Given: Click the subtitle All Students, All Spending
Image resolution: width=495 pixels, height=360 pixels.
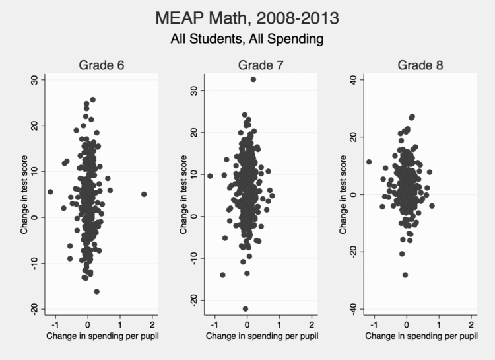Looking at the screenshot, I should (247, 40).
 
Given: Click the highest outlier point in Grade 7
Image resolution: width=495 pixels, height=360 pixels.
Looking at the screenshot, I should (253, 79).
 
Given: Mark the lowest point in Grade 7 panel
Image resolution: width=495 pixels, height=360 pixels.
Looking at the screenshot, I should (246, 308).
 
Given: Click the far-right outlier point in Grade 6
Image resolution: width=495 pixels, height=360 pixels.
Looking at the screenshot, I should (144, 194).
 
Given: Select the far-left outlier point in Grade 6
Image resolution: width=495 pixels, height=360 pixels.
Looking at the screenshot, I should (50, 192).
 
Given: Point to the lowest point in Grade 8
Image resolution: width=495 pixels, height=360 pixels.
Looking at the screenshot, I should (405, 275).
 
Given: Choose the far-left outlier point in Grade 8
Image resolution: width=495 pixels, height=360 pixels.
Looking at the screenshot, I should (368, 162).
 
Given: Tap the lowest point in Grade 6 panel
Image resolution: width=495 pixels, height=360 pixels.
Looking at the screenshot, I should (96, 291).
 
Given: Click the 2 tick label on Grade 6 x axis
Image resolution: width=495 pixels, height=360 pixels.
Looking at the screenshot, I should (152, 325).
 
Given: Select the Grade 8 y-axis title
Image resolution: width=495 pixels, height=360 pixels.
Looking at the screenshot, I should (343, 194).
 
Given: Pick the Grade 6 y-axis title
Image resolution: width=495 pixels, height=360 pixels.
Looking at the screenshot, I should (24, 194).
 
